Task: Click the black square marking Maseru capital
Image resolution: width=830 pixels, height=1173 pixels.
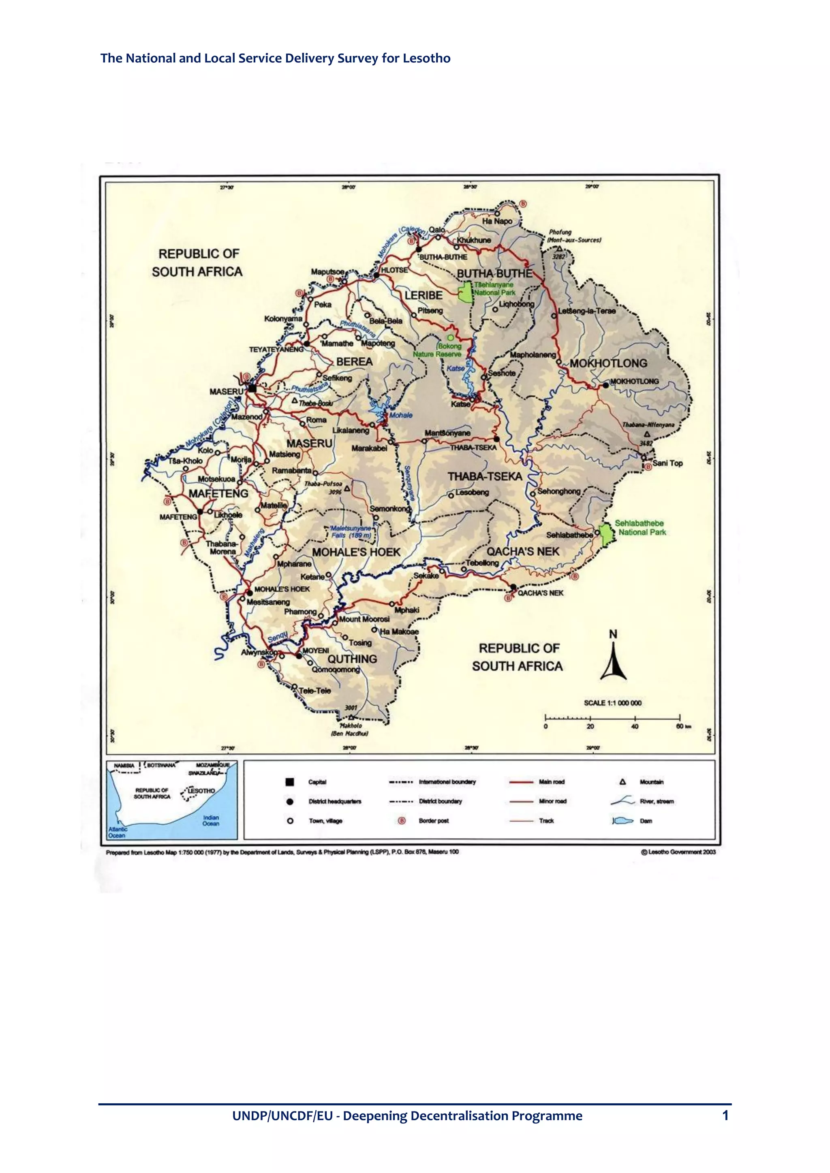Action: point(252,388)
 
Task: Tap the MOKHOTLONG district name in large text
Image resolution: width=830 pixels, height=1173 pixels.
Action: point(608,363)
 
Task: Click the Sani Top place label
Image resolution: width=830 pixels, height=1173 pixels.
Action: point(667,463)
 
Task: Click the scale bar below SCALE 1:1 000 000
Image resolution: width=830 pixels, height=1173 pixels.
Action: point(612,718)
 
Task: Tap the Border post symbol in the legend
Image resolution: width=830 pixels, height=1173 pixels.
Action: point(402,821)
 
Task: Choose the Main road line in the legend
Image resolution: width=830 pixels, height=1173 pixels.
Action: point(521,782)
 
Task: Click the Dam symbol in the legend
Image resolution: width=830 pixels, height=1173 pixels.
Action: point(622,821)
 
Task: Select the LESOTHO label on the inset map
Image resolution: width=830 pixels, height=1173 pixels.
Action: point(201,791)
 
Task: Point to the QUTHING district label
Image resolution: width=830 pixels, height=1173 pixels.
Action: point(352,659)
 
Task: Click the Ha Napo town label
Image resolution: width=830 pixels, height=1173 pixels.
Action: point(497,221)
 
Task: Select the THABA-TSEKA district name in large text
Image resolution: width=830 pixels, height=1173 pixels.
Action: point(485,477)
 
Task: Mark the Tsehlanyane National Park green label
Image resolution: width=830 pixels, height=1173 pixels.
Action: point(494,289)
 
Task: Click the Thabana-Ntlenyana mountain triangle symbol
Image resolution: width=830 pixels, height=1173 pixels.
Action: point(647,434)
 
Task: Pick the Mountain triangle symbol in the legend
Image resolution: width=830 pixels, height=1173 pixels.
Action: point(622,782)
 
